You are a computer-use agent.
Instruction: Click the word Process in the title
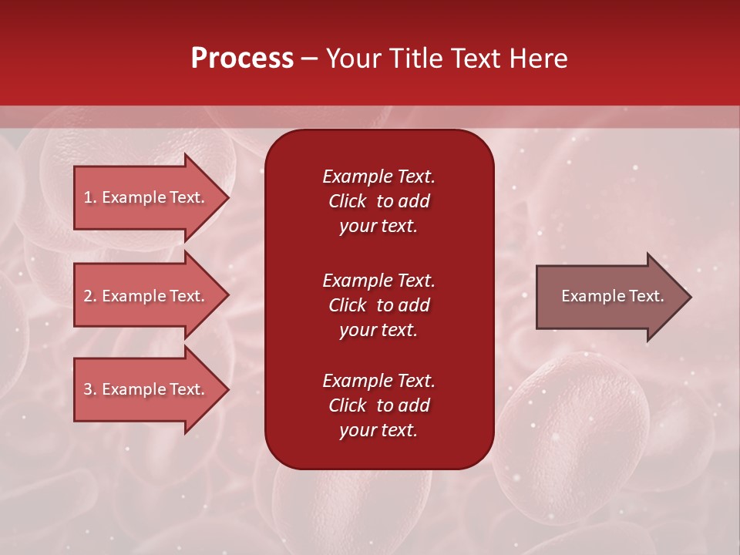pos(242,59)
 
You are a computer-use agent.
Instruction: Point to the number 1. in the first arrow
pos(90,197)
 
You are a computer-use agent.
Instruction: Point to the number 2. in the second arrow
pos(90,296)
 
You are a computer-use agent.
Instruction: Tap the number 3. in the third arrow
pos(90,389)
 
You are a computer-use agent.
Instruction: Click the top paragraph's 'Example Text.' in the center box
pos(378,177)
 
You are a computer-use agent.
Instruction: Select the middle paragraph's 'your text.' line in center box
pos(378,330)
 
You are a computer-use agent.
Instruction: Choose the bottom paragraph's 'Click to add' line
pos(378,405)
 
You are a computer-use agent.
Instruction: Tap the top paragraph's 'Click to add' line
pos(378,201)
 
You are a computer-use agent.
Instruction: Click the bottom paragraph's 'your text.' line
pos(378,430)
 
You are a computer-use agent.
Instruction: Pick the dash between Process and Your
pos(309,59)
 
